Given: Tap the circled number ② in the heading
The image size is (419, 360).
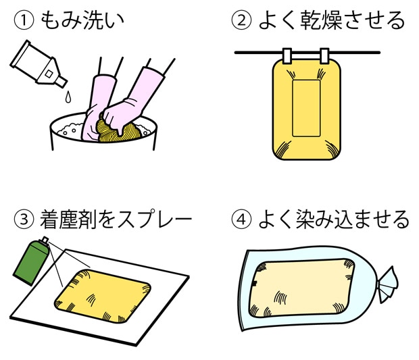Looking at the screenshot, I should coord(241,21).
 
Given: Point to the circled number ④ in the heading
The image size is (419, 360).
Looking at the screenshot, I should coord(241,220).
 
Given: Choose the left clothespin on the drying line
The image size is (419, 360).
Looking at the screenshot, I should coord(287,54).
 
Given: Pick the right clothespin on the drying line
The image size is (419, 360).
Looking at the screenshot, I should coord(324,54).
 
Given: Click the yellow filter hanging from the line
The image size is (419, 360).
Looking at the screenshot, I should coord(306,111).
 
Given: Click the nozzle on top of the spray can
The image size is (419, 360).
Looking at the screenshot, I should coord(45,240).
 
